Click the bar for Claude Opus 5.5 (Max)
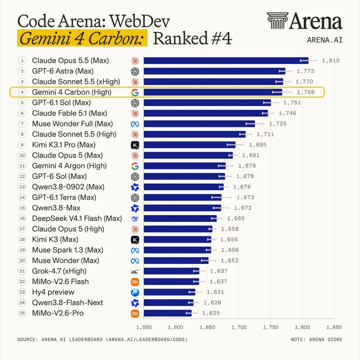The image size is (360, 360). [x=226, y=60]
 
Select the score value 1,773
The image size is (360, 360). [x=305, y=71]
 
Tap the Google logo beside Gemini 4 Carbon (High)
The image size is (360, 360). [x=135, y=92]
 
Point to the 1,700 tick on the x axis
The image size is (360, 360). [x=239, y=327]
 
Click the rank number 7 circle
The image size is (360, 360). [x=22, y=124]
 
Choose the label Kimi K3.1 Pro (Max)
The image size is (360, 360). [x=63, y=145]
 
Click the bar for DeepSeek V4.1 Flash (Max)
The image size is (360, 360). [x=180, y=218]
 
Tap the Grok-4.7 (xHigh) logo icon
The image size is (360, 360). [x=135, y=271]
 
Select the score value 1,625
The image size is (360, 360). [x=211, y=313]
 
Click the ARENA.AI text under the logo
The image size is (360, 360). [x=324, y=40]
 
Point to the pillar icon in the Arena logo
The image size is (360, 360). [x=277, y=20]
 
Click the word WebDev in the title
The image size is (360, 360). [x=139, y=21]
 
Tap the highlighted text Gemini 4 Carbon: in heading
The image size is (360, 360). [x=82, y=38]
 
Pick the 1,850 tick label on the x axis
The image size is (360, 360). [x=334, y=327]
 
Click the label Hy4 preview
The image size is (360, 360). [x=53, y=292]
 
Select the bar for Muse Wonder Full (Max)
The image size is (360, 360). [x=199, y=124]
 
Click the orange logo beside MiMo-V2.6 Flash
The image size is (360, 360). [x=135, y=282]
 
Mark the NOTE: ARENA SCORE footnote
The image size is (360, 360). [x=316, y=339]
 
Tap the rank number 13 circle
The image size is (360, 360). [x=22, y=187]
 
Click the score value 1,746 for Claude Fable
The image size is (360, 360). [x=287, y=113]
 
